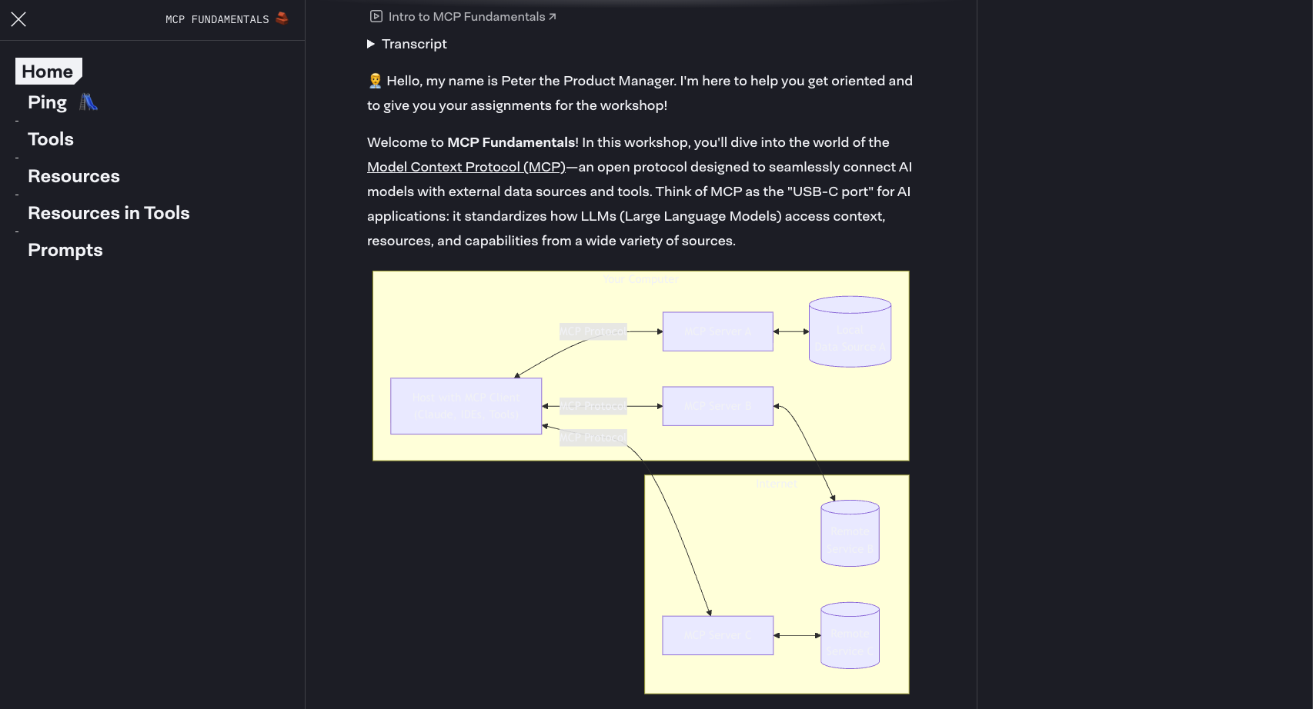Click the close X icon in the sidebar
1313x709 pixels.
point(18,19)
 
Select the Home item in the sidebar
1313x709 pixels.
point(48,72)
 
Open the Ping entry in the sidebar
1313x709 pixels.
point(48,102)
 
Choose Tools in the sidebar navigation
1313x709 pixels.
point(51,139)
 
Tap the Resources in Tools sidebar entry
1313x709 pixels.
point(109,213)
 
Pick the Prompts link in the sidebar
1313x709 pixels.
point(65,250)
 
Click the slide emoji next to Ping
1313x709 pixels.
point(89,102)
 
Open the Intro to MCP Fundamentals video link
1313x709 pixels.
point(466,17)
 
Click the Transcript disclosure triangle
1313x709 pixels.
point(371,44)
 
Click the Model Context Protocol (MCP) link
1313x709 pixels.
point(466,167)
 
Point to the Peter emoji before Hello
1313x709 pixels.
point(375,81)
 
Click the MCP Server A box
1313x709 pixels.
point(717,331)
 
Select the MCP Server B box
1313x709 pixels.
point(717,406)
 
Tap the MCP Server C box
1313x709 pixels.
point(717,635)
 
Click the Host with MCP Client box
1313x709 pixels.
point(466,406)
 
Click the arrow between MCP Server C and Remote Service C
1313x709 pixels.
point(797,636)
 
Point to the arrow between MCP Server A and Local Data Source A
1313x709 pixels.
point(791,331)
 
